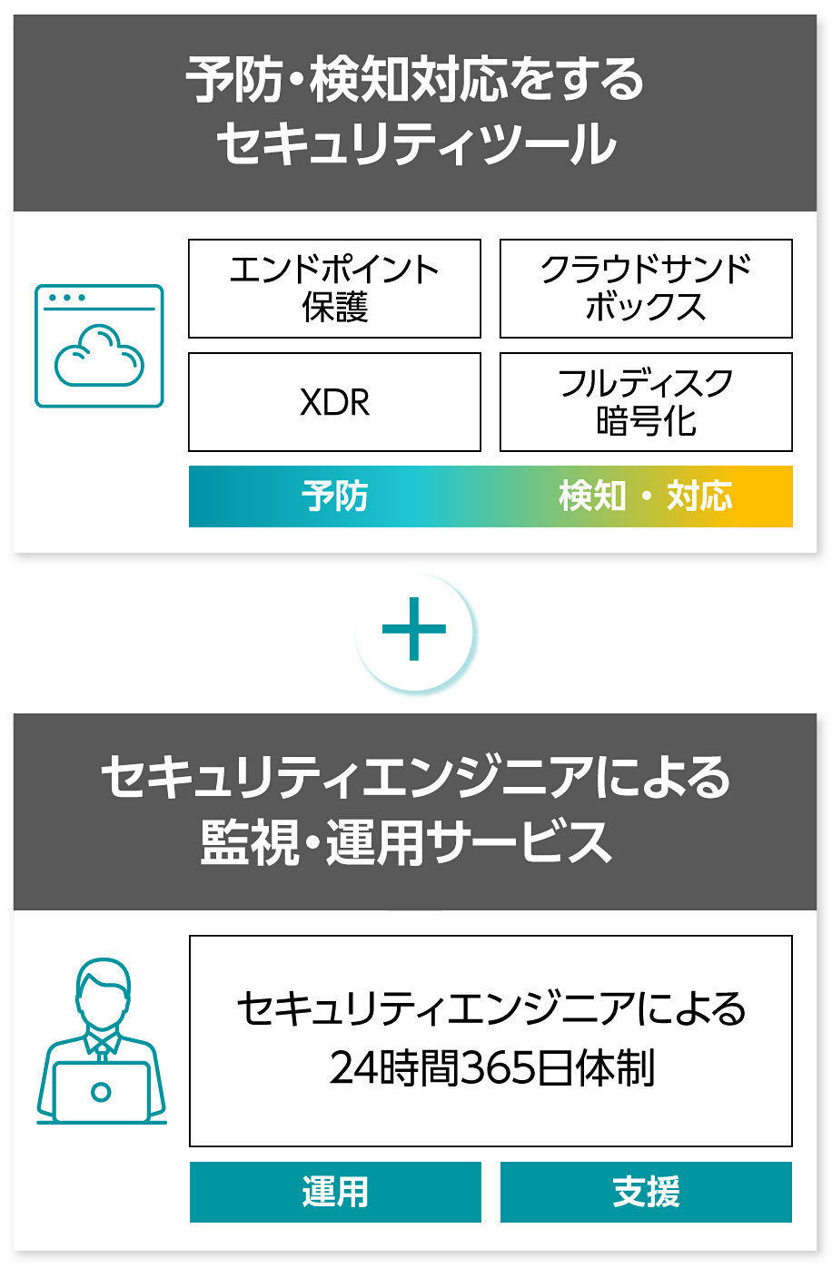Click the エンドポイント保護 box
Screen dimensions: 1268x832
pos(334,289)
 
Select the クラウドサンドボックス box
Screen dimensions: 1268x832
pos(646,289)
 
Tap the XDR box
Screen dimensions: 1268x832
pos(334,402)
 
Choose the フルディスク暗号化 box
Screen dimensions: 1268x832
pos(646,402)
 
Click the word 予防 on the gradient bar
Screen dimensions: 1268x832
pos(334,496)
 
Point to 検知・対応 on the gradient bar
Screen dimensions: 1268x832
pos(645,496)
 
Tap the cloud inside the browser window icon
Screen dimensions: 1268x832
pos(99,357)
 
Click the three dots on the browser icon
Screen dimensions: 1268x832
pos(67,298)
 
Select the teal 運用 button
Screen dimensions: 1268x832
pos(335,1192)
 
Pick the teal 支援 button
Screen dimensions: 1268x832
pos(646,1192)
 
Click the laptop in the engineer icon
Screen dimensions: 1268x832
pos(101,1091)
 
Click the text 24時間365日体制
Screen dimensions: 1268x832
pos(491,1068)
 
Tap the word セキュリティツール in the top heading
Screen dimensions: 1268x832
pos(416,144)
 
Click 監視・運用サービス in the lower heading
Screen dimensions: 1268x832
pos(406,842)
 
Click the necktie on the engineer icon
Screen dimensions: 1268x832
pos(103,1050)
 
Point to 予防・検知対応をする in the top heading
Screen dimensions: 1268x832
pos(415,80)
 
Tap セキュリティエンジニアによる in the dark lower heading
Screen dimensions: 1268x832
pos(415,777)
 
